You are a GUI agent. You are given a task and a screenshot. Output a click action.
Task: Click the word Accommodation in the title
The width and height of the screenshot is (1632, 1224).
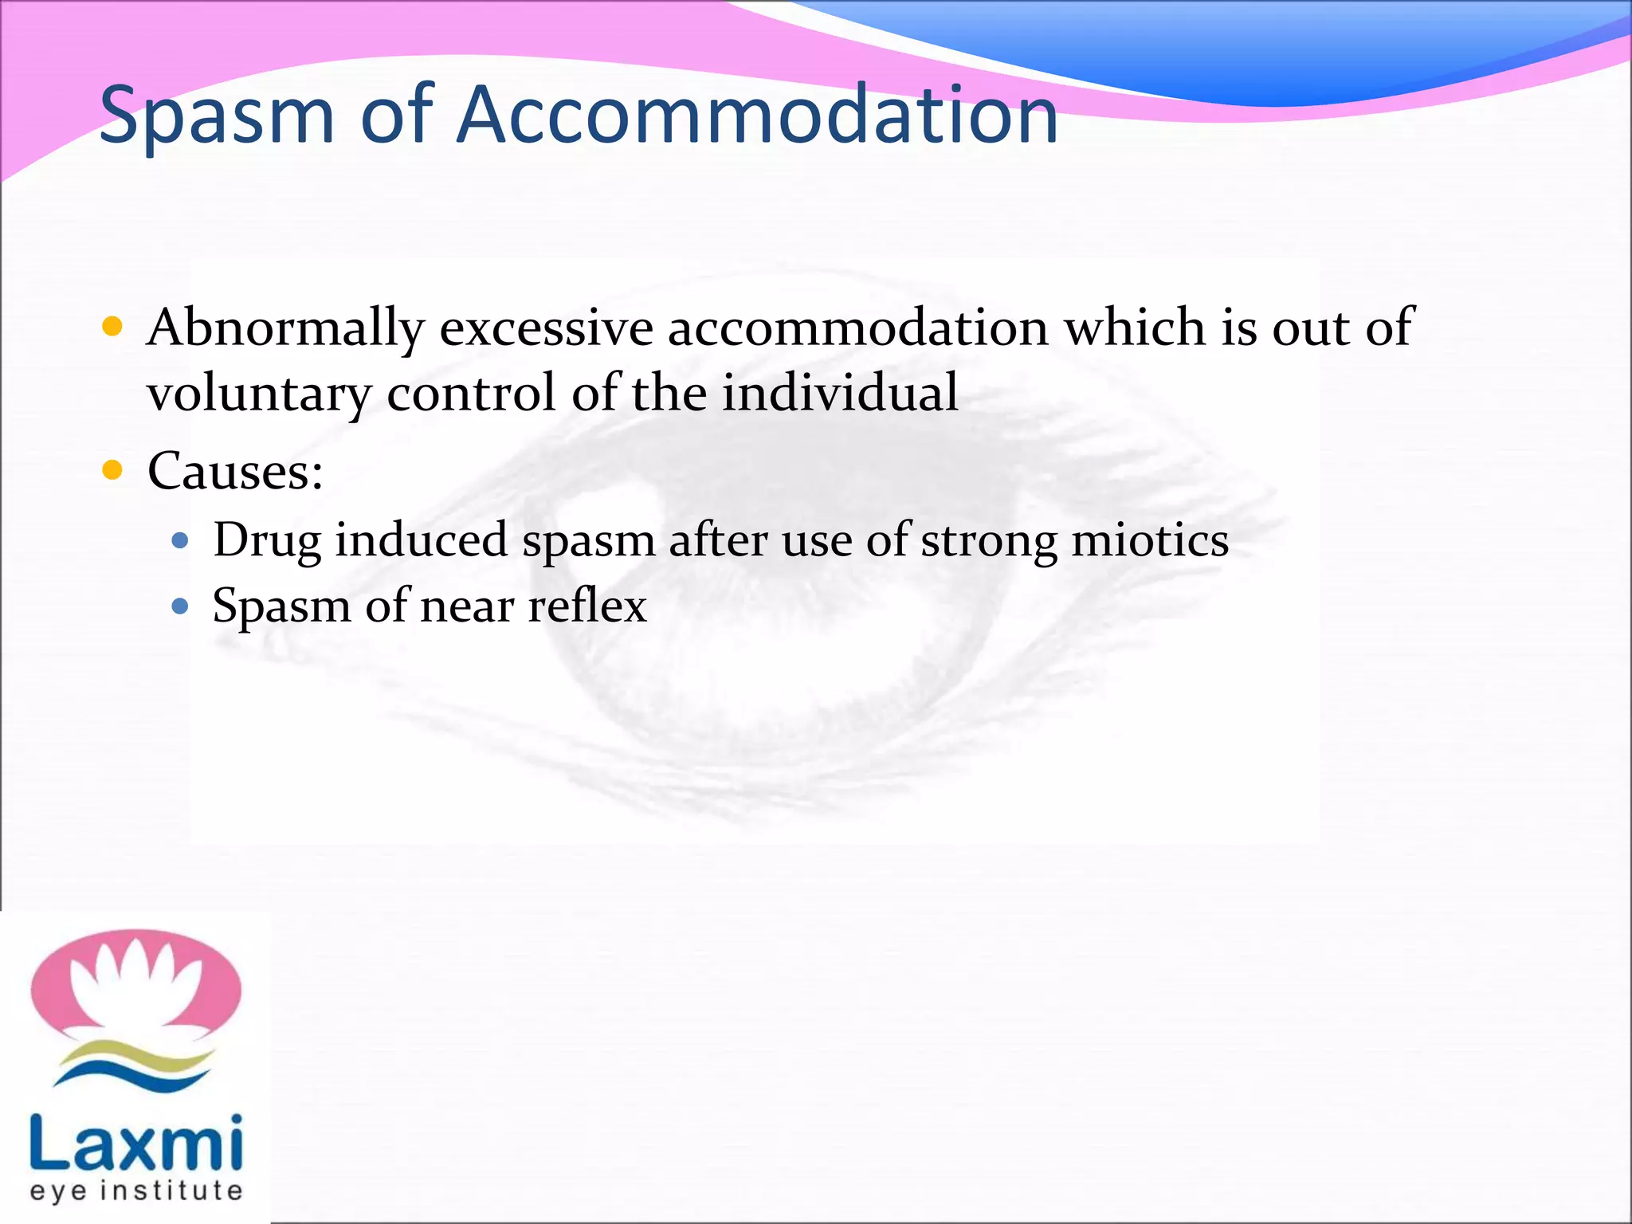(x=757, y=116)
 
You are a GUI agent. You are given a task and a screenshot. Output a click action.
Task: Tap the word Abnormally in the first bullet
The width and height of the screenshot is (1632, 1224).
(x=285, y=329)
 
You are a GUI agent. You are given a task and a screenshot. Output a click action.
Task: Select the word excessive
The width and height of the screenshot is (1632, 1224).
(x=546, y=328)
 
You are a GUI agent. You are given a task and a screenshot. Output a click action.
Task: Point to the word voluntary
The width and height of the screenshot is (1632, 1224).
(x=259, y=394)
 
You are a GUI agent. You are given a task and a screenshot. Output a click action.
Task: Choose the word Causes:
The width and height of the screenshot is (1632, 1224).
(x=235, y=471)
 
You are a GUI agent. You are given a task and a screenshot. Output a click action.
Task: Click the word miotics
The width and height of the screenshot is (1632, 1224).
(x=1150, y=540)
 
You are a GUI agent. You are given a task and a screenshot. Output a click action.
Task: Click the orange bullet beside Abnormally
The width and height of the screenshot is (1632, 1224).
(x=112, y=326)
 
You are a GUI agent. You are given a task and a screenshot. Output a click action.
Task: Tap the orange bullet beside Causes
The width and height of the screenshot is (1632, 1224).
(x=112, y=470)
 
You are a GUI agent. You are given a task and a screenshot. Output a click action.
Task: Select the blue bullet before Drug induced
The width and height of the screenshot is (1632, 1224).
(x=180, y=541)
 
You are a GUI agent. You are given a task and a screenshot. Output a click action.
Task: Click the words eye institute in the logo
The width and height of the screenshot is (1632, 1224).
(x=135, y=1191)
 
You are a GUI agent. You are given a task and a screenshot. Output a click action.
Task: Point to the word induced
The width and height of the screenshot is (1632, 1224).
(x=421, y=540)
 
